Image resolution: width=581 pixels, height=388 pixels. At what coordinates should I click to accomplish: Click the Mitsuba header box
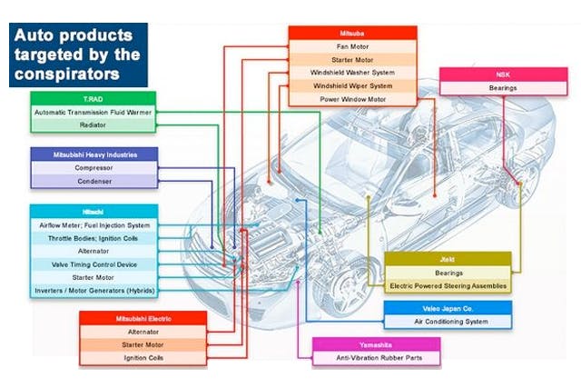coord(352,33)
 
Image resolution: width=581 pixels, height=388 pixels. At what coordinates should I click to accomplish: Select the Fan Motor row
coord(352,46)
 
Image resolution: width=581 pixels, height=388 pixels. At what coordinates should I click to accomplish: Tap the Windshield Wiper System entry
coord(352,85)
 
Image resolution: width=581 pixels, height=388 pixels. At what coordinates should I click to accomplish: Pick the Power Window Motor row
coord(352,99)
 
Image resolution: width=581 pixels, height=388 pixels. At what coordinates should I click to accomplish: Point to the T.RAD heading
coord(93,98)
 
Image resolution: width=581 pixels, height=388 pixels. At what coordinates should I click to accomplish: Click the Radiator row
coord(93,125)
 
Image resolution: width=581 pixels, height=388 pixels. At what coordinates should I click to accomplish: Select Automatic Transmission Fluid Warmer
coord(93,112)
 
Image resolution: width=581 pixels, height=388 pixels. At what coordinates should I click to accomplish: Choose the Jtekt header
coord(448,258)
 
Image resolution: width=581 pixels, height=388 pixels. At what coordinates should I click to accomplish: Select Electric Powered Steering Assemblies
coord(448,285)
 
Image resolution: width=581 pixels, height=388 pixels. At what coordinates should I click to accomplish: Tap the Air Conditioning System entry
coord(448,321)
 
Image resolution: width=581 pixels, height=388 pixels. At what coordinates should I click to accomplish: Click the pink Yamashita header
coord(376,345)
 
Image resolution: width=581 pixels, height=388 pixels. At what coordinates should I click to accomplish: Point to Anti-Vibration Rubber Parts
coord(376,359)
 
